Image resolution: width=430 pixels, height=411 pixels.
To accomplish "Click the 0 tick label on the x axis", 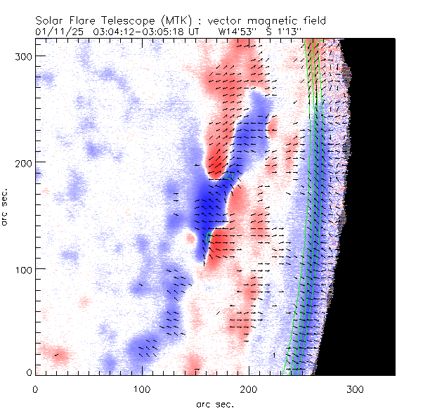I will pyautogui.click(x=35, y=388).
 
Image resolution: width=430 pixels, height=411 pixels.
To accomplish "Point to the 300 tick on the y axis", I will pyautogui.click(x=21, y=56).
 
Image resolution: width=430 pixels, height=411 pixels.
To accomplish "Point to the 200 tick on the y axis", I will pyautogui.click(x=21, y=162).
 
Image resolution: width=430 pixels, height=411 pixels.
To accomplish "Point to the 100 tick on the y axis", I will pyautogui.click(x=21, y=269).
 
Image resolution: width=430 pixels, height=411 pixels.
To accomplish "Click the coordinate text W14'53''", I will pyautogui.click(x=240, y=32).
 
